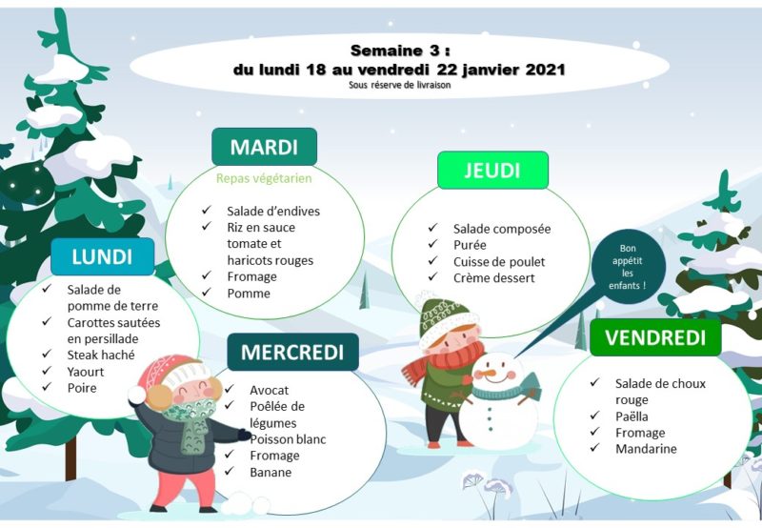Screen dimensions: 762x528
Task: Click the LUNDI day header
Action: point(103,256)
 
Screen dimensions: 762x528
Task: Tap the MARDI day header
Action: point(265,147)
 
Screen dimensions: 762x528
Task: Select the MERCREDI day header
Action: point(292,352)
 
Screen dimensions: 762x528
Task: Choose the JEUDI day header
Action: point(492,171)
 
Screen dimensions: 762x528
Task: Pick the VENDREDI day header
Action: point(655,337)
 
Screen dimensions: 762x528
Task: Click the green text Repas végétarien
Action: point(264,178)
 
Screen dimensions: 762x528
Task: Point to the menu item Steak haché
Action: point(101,355)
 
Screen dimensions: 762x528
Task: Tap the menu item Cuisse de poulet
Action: point(499,261)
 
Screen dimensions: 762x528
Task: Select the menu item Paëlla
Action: point(632,416)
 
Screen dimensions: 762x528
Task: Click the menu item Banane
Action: point(271,472)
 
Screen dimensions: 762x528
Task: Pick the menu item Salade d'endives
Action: point(273,211)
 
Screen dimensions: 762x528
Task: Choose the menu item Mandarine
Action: point(646,449)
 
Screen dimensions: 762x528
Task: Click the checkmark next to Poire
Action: point(47,387)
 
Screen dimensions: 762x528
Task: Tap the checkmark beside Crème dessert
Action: point(433,276)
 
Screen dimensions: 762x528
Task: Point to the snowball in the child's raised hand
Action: point(137,395)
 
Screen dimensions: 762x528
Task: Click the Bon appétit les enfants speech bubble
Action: point(628,267)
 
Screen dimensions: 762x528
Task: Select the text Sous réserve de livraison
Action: point(399,85)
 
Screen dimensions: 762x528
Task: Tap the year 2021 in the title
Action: point(545,70)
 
